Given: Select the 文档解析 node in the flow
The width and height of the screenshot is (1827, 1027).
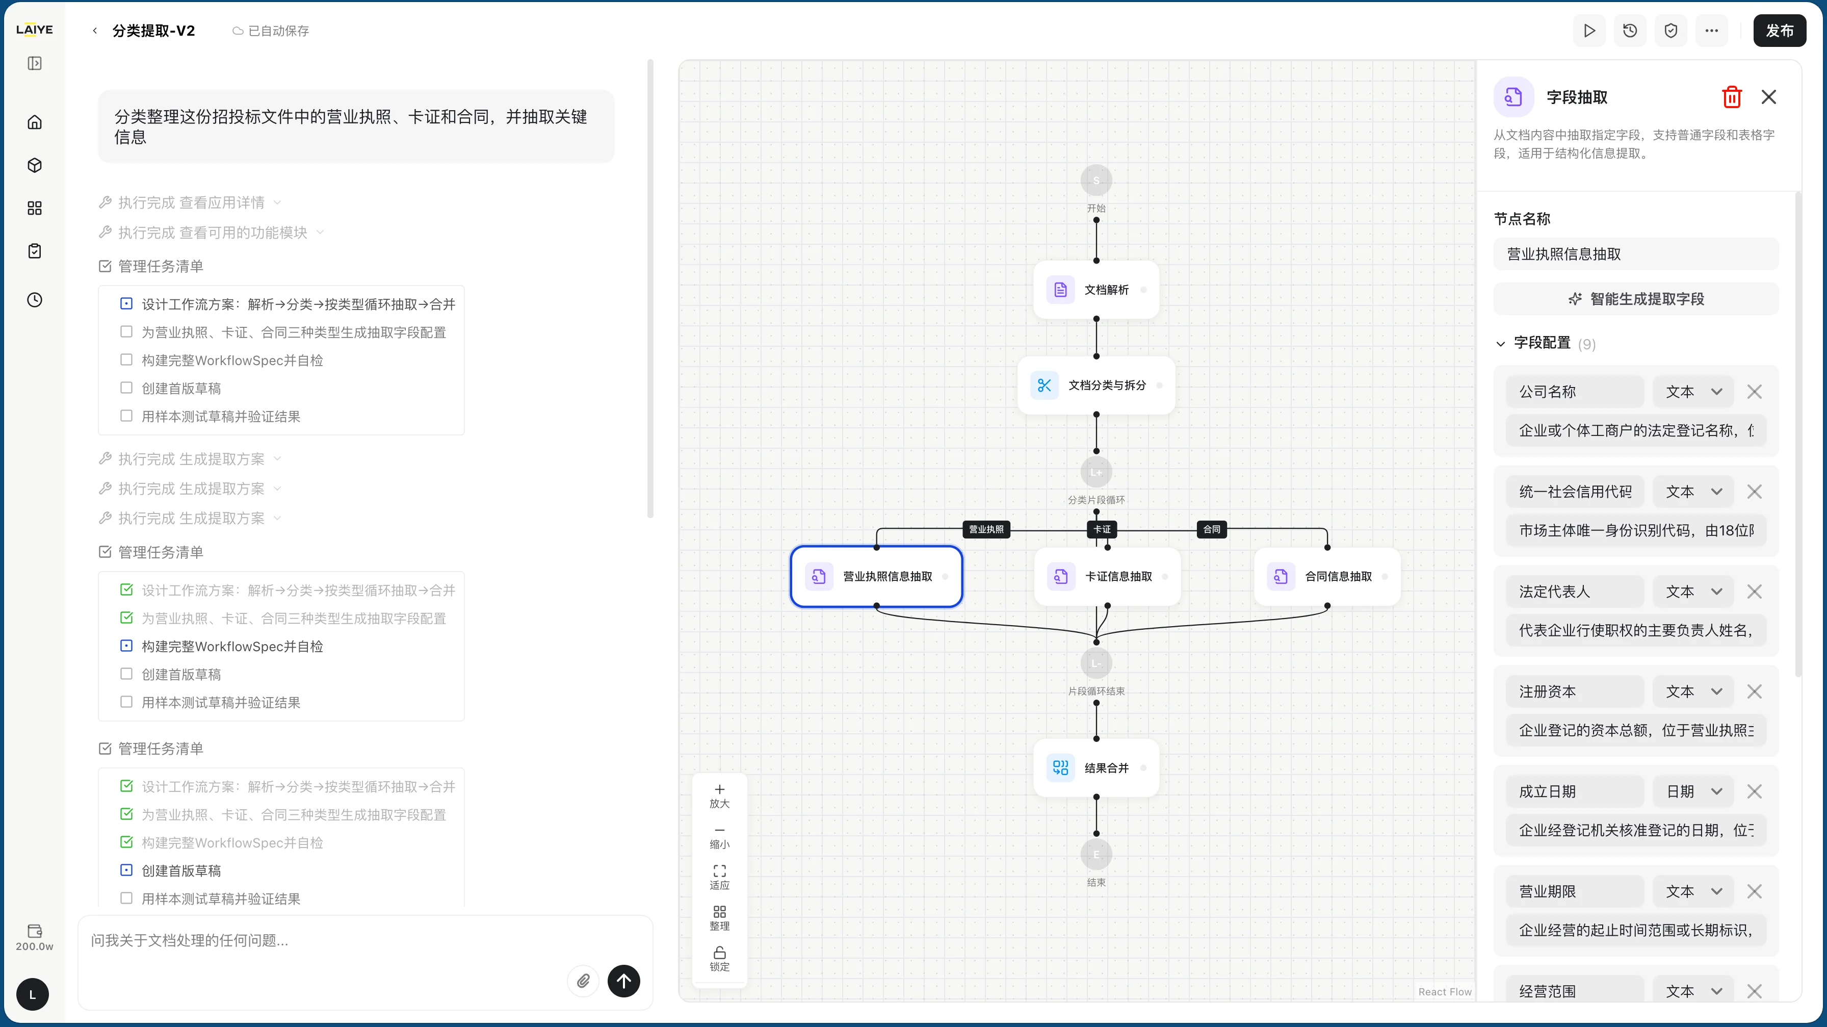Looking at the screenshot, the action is [1096, 289].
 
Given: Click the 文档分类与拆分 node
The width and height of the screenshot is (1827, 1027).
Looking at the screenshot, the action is [1096, 385].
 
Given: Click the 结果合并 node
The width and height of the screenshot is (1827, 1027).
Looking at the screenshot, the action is [1096, 767].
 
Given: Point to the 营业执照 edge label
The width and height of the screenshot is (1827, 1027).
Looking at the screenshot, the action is [986, 529].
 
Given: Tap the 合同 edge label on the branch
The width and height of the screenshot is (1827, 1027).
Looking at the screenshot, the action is [1211, 529].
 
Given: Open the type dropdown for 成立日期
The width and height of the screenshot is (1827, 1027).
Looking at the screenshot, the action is [1693, 791].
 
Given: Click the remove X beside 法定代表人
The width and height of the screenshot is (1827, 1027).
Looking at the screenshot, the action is [1754, 592].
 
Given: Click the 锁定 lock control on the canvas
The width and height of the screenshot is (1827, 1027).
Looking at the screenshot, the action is [719, 959].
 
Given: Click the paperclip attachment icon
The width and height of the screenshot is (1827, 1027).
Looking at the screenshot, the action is [583, 981].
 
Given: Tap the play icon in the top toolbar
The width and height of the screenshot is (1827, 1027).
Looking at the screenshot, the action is [1589, 31].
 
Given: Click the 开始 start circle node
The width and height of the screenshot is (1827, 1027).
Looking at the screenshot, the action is [1096, 180].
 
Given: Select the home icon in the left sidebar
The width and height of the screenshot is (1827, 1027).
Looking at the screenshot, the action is [34, 122].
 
